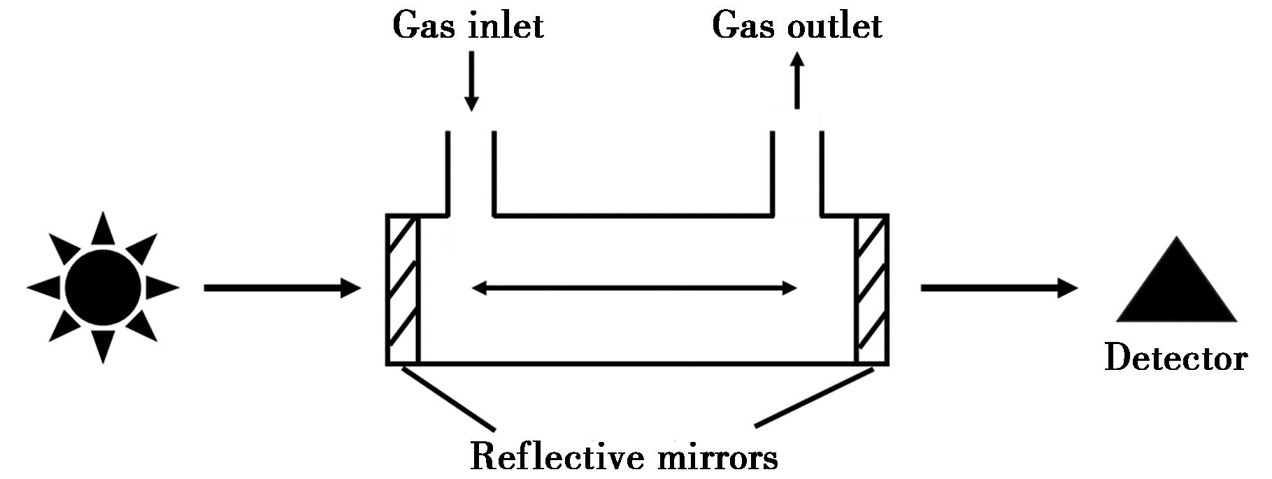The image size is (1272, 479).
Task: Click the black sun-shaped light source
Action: [x=103, y=287]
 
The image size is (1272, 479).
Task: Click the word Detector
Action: [x=1175, y=358]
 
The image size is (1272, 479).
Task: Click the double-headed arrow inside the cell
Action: [x=634, y=287]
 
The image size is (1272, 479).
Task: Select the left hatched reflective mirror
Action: [x=403, y=289]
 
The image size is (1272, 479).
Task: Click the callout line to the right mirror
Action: [x=815, y=397]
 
